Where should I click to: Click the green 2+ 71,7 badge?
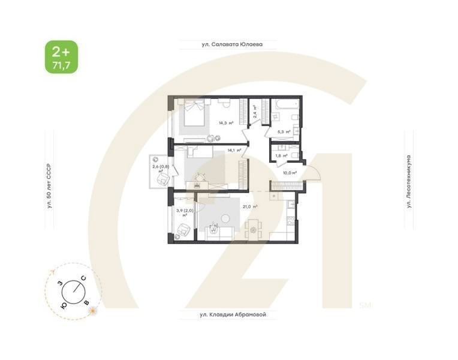(61, 57)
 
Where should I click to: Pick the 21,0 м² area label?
(250, 206)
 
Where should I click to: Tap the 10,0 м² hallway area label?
(290, 173)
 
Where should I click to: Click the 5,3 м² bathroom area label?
(283, 131)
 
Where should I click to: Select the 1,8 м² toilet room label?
(281, 155)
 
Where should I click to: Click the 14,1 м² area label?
(235, 150)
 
